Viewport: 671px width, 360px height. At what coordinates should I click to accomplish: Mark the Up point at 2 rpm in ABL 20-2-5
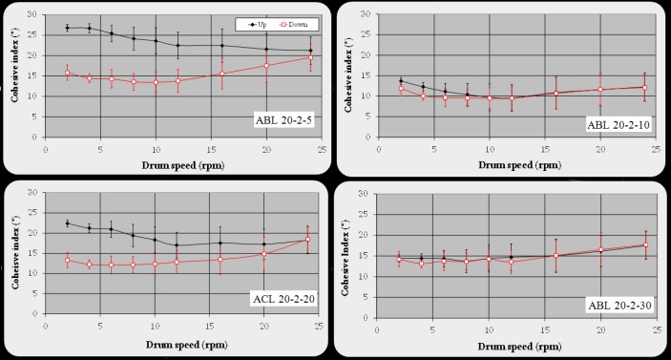(x=68, y=29)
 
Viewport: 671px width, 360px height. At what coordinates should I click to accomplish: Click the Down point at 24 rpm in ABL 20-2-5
(x=309, y=57)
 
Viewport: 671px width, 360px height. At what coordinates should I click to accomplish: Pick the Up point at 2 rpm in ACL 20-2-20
(x=68, y=223)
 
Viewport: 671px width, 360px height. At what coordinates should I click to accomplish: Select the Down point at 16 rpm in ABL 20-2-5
(x=221, y=74)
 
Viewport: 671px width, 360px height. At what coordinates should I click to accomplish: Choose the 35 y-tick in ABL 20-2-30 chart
(x=375, y=194)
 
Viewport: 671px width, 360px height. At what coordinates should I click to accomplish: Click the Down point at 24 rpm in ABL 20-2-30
(x=645, y=245)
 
